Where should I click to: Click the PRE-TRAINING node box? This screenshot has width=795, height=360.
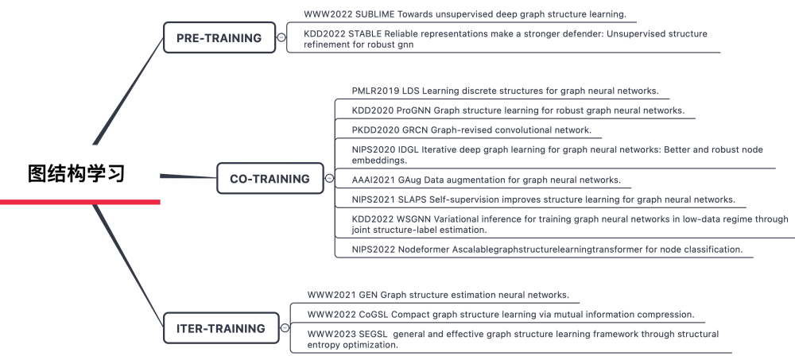(219, 37)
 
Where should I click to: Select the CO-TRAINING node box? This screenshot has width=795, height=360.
(270, 179)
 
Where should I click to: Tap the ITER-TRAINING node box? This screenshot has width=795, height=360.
(220, 328)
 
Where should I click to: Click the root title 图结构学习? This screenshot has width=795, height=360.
(76, 173)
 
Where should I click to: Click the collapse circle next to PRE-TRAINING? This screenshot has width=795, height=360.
(281, 37)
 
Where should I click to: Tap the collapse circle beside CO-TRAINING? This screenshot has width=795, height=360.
(329, 179)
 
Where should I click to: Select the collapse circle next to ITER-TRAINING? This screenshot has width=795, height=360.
(285, 328)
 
